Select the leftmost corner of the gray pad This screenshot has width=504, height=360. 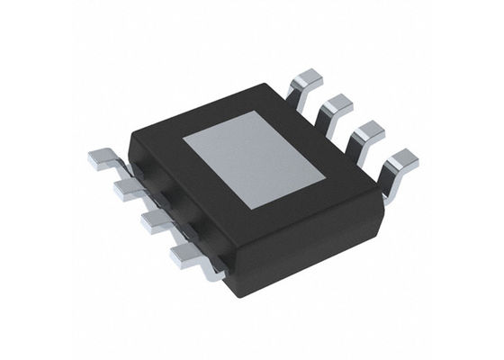click(x=184, y=139)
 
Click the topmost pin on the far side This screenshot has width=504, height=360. click(x=309, y=83)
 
